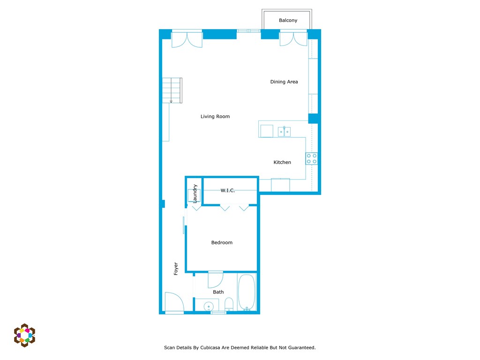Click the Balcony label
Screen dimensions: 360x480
click(x=288, y=21)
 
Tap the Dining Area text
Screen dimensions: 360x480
click(x=284, y=82)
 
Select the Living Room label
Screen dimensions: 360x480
click(x=215, y=117)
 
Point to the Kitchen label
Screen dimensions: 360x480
click(x=282, y=163)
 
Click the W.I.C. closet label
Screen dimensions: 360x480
click(x=227, y=191)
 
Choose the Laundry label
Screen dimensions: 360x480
click(x=195, y=193)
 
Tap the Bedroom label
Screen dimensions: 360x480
click(x=222, y=243)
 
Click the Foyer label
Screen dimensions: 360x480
click(x=176, y=268)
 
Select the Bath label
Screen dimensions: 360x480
click(x=218, y=292)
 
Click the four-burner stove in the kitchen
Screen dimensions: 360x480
click(x=312, y=158)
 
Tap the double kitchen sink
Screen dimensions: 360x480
click(x=284, y=132)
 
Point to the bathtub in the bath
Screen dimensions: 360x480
click(x=247, y=292)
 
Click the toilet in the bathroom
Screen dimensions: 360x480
click(x=229, y=304)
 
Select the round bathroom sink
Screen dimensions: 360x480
click(x=209, y=307)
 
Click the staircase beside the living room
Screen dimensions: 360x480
click(x=172, y=90)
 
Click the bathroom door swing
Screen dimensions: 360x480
click(x=215, y=280)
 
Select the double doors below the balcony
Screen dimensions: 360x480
click(x=293, y=39)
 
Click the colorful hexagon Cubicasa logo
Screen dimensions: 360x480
click(x=24, y=335)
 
